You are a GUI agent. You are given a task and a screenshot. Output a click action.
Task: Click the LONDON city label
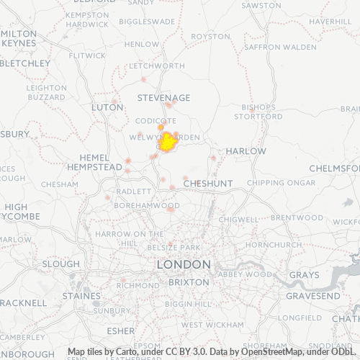184,265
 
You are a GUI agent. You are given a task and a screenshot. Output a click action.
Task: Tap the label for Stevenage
164,98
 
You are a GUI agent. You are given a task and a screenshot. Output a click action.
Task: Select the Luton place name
107,107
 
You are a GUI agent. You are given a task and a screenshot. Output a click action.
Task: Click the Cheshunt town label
207,184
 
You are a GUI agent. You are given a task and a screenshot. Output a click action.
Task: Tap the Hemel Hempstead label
95,161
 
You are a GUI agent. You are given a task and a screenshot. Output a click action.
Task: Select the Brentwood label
297,217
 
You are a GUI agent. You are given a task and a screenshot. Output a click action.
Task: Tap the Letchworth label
156,66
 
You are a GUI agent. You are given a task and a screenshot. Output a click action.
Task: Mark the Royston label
210,36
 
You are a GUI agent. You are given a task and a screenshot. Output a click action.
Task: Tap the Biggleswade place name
147,22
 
